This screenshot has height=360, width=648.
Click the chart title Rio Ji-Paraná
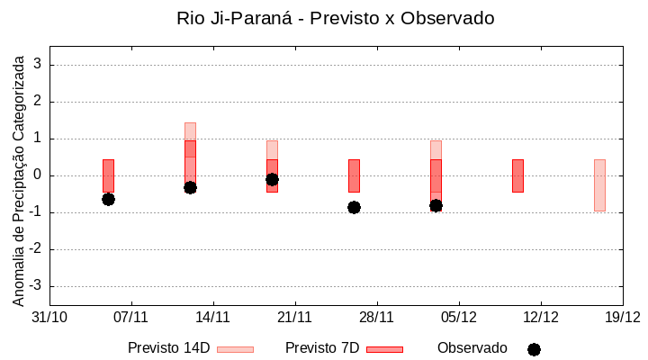click(x=336, y=18)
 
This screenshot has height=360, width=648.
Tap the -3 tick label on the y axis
click(x=35, y=286)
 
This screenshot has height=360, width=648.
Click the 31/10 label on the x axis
click(x=49, y=317)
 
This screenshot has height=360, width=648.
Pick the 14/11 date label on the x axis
click(x=213, y=317)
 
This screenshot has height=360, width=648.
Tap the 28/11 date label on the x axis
click(x=377, y=317)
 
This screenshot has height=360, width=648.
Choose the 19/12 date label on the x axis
click(x=622, y=317)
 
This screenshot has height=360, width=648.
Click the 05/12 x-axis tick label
click(x=459, y=317)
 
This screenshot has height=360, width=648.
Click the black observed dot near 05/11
click(x=108, y=199)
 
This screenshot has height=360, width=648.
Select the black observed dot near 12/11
click(x=190, y=187)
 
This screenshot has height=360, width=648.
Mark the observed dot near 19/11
click(x=272, y=179)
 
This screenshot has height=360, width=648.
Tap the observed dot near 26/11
click(x=354, y=207)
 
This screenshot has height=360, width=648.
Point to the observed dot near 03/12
click(x=436, y=205)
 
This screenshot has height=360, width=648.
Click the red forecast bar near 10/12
click(x=517, y=175)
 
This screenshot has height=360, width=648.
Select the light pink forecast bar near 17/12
click(x=599, y=184)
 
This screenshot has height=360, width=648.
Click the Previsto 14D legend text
click(x=168, y=348)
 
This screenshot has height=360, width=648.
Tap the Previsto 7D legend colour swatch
click(x=384, y=349)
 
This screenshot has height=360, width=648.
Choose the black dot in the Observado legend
click(x=534, y=349)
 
